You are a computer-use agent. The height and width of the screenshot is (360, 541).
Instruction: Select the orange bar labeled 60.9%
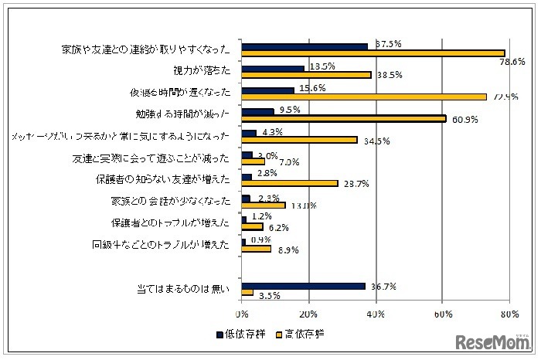[x=344, y=119]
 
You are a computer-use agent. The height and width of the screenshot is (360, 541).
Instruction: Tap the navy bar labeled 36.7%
[x=303, y=286]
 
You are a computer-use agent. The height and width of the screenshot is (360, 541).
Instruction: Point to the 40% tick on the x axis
[x=376, y=314]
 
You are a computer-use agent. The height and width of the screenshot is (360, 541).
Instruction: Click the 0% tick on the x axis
[x=242, y=314]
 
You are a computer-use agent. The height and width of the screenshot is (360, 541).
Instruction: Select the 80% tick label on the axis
[x=509, y=314]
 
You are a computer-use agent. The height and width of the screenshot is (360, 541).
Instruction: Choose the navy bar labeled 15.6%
[x=267, y=90]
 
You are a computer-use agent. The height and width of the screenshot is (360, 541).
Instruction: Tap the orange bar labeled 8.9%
[x=256, y=250]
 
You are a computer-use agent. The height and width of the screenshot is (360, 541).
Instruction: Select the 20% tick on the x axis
[x=308, y=314]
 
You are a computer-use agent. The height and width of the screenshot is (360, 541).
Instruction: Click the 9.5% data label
[x=288, y=108]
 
